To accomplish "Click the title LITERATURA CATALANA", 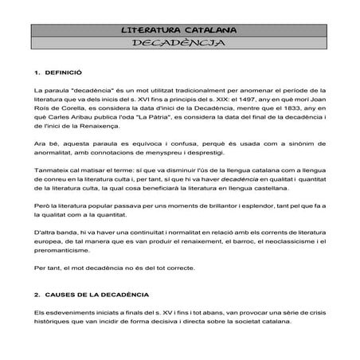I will pyautogui.click(x=179, y=29).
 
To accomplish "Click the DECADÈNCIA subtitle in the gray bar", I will pyautogui.click(x=179, y=43).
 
